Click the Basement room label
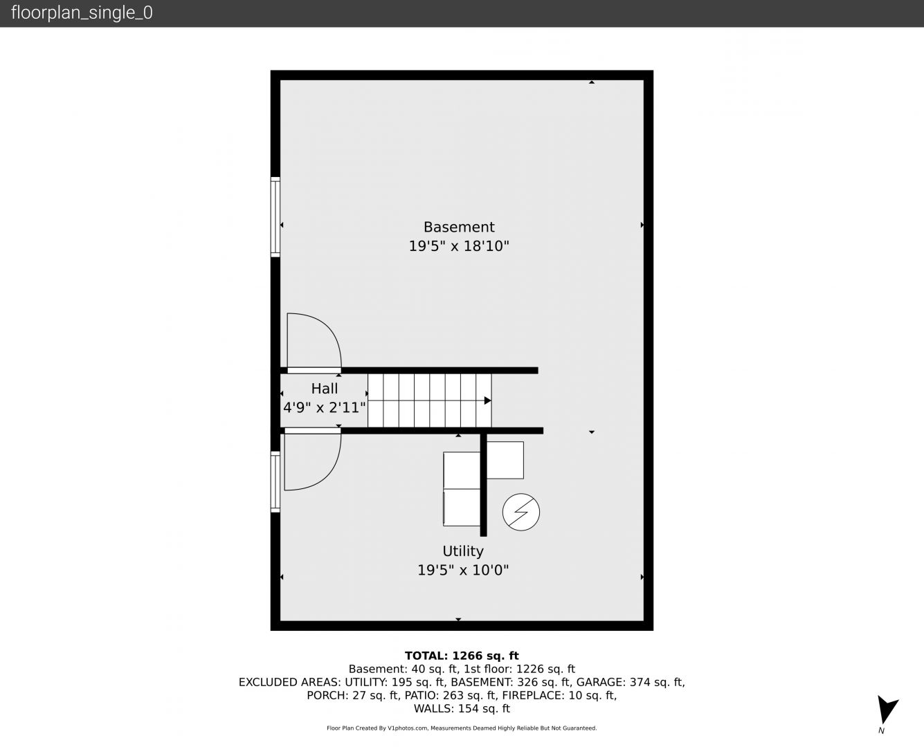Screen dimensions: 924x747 [x=459, y=227]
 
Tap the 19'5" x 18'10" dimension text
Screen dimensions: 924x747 [x=459, y=246]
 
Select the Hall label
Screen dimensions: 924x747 [x=325, y=389]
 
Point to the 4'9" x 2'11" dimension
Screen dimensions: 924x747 [x=325, y=408]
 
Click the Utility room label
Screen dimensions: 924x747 [x=463, y=551]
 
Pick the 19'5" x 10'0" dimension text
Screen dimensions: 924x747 [x=463, y=570]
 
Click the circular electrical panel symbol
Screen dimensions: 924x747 [x=521, y=512]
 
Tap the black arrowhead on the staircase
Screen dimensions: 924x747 [x=487, y=400]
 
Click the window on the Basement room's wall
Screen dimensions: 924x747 [x=275, y=216]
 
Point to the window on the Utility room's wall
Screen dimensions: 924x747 [x=275, y=481]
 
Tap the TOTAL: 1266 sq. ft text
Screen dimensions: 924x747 [x=462, y=656]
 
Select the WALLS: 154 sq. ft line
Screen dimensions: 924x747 [x=462, y=709]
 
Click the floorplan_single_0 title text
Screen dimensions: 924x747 [x=82, y=13]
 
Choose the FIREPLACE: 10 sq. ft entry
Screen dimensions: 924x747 [x=559, y=695]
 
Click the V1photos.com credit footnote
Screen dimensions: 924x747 [x=462, y=728]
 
